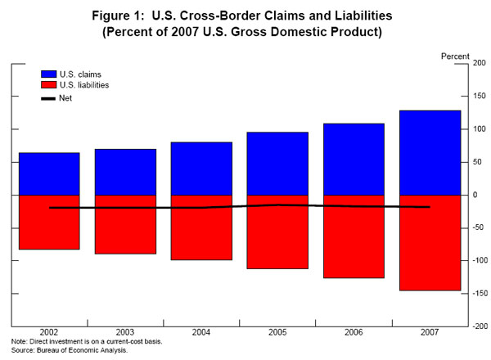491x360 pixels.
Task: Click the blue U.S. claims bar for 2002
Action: (x=49, y=173)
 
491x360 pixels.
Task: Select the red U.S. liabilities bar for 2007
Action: (x=430, y=243)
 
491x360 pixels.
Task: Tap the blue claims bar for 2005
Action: (x=278, y=164)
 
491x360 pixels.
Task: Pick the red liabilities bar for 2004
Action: (x=201, y=227)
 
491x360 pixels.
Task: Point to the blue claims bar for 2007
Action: (x=430, y=152)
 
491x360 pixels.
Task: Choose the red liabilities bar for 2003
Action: (x=125, y=224)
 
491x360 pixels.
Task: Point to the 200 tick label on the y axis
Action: (x=480, y=63)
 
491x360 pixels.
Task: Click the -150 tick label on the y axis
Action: (x=478, y=293)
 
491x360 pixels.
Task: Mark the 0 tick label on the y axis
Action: (x=475, y=195)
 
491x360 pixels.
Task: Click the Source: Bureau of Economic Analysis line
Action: (x=70, y=350)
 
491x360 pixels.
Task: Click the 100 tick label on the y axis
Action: (x=478, y=129)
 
